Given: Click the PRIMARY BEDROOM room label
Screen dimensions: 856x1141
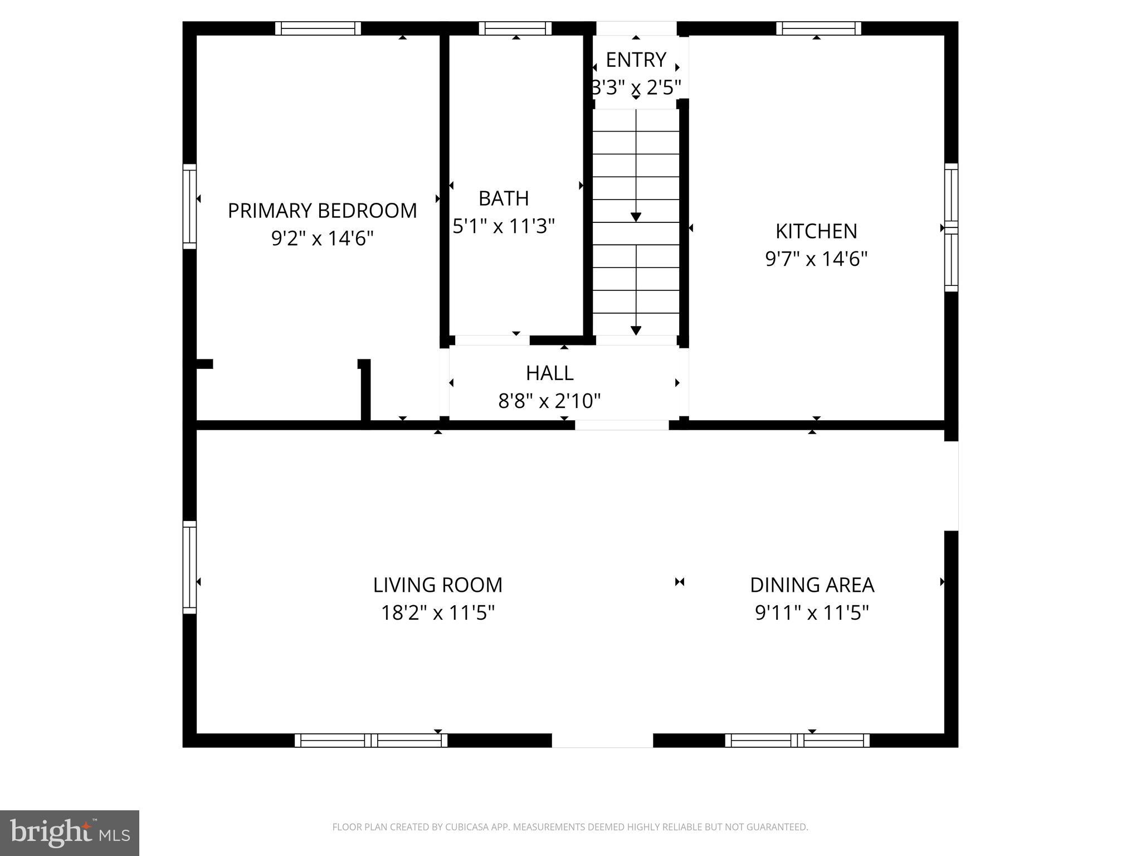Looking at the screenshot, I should click(322, 211).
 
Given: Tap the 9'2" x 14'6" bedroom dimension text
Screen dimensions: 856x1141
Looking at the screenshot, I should click(322, 239).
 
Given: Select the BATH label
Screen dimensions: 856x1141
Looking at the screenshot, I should click(504, 198).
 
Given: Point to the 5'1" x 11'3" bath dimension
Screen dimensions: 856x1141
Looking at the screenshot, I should click(504, 226).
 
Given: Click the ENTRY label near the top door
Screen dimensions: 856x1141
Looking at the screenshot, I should click(636, 60).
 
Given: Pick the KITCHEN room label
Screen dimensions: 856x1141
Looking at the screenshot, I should click(816, 231).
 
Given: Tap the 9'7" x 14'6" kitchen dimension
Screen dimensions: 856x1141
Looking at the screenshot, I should click(816, 259).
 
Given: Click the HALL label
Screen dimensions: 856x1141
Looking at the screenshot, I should click(549, 373).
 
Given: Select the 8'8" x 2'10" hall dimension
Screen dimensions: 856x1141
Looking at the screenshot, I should click(549, 401).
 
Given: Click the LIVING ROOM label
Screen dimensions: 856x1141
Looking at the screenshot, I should click(437, 585).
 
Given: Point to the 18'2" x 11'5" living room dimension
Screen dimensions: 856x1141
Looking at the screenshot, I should click(437, 613).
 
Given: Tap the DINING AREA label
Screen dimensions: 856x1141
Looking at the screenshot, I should click(812, 585).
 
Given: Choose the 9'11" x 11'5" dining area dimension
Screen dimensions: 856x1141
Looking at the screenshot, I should click(812, 613).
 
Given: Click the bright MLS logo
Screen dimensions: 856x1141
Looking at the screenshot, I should click(70, 833).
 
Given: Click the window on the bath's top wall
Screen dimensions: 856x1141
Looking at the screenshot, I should click(515, 28).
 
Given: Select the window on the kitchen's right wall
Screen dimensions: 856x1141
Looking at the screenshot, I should click(951, 227).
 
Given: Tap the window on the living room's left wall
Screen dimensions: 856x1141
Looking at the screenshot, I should click(190, 567).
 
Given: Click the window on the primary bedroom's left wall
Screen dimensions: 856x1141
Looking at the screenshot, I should click(190, 207).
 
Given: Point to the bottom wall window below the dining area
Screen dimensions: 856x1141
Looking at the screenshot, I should click(797, 740).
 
